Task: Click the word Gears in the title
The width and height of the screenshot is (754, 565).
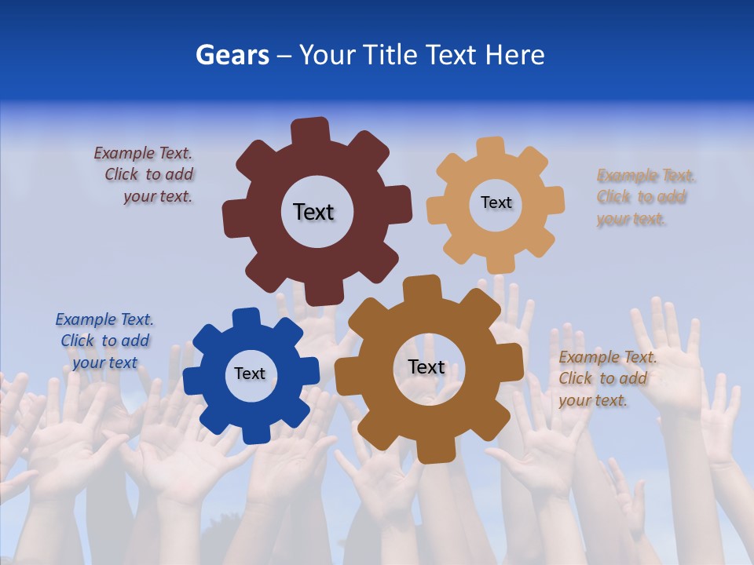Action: pos(232,55)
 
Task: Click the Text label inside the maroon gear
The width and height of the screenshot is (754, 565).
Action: pos(313,212)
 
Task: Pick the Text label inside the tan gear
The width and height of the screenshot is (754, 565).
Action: pos(496,202)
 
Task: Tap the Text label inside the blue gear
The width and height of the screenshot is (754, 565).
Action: pos(250,374)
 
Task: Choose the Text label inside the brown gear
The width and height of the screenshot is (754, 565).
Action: pos(426,367)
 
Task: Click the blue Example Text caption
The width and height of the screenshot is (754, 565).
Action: pos(104,341)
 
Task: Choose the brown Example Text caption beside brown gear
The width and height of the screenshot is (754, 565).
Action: pos(606,378)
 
